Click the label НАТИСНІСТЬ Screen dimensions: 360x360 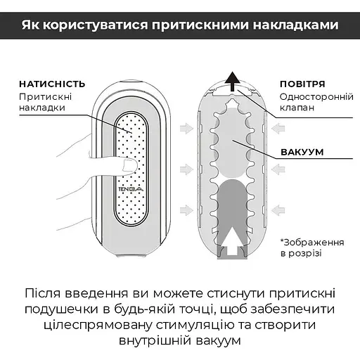tap(52, 83)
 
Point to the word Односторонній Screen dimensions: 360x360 tap(310, 96)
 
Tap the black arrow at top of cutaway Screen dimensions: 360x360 tap(233, 79)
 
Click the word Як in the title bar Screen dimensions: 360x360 tap(31, 26)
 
